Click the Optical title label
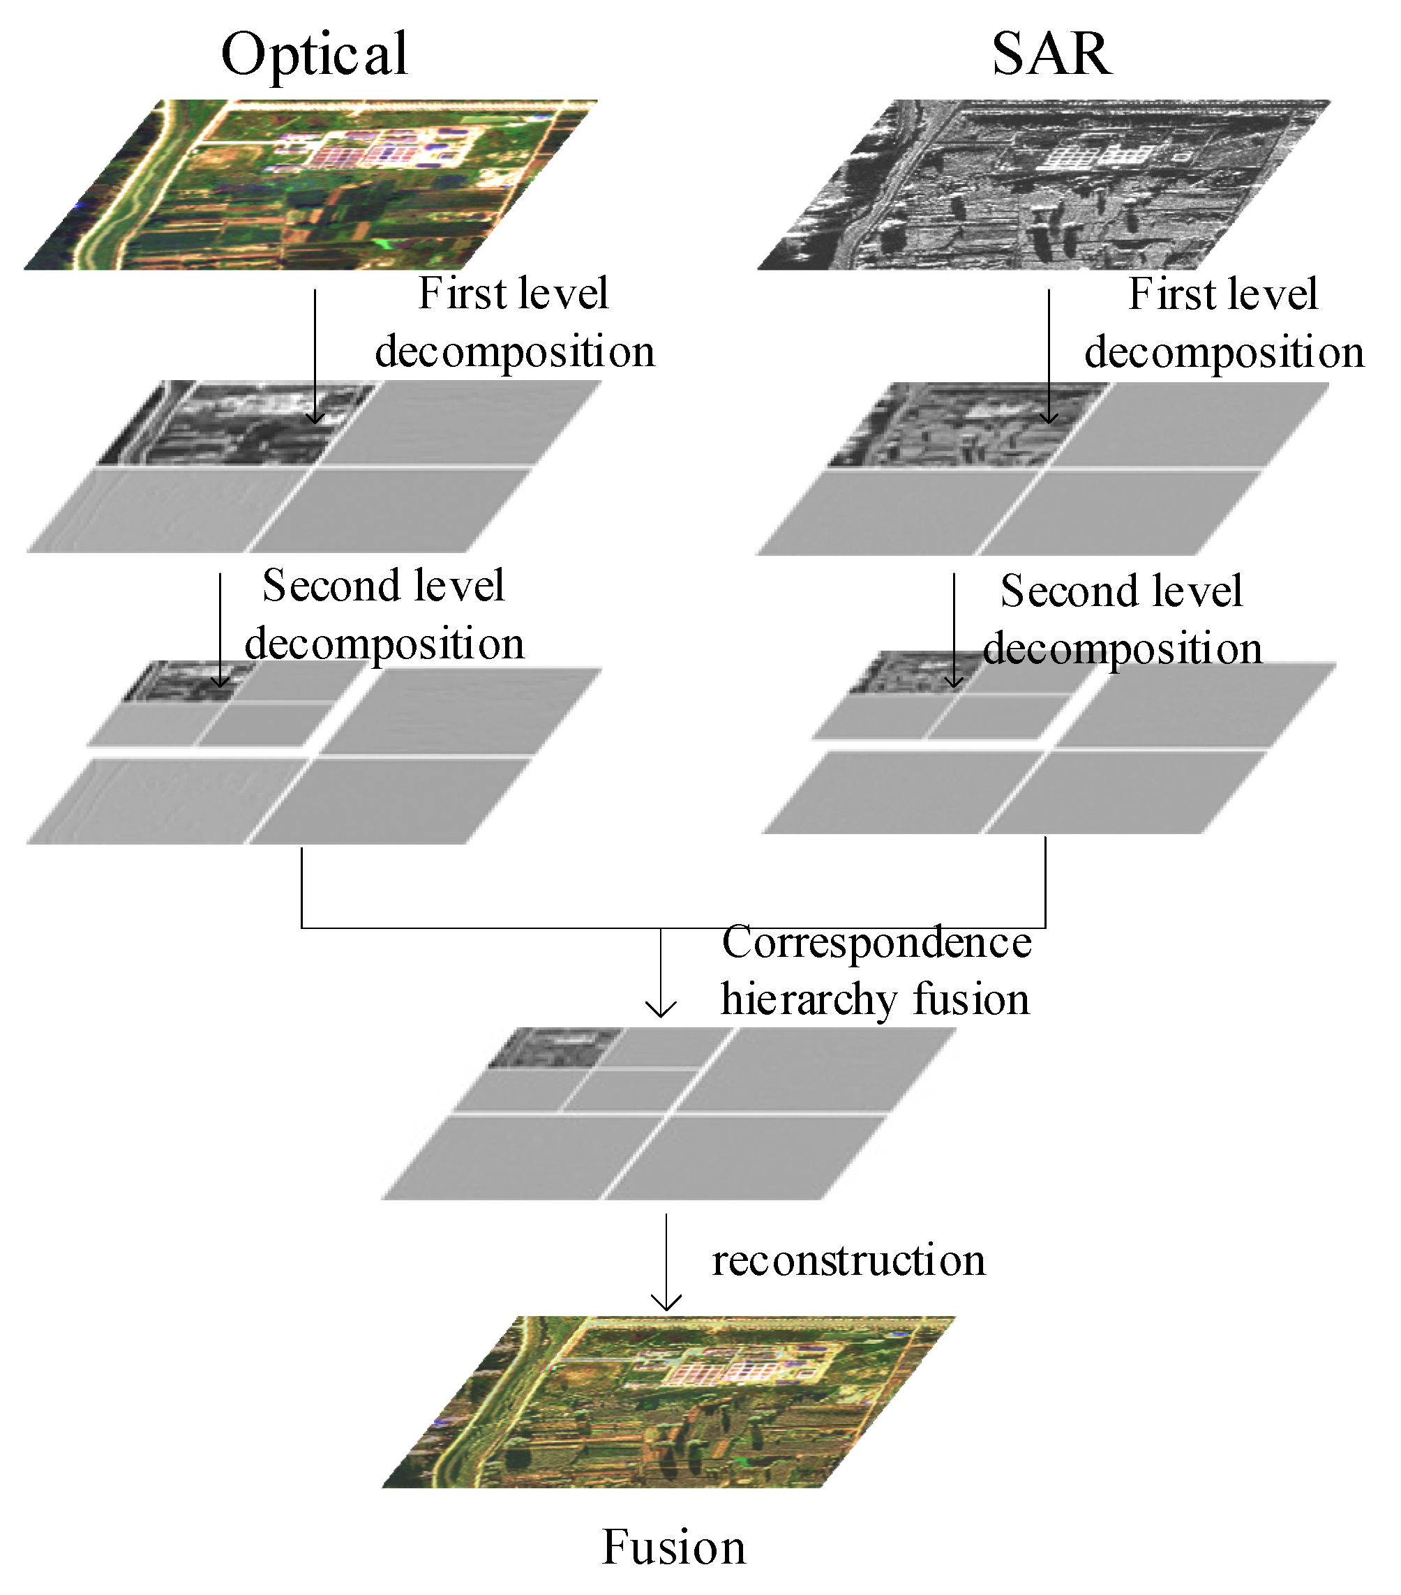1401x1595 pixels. pyautogui.click(x=314, y=54)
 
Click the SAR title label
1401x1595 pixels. pyautogui.click(x=1051, y=54)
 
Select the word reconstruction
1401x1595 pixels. pyautogui.click(x=848, y=1260)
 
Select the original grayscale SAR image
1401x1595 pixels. pyautogui.click(x=1044, y=185)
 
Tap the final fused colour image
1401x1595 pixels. pyautogui.click(x=668, y=1402)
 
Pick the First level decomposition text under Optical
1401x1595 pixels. pyautogui.click(x=514, y=322)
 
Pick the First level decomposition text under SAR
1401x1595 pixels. pyautogui.click(x=1224, y=323)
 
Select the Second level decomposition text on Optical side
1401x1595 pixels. pyautogui.click(x=384, y=614)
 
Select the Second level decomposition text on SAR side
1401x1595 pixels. pyautogui.click(x=1122, y=619)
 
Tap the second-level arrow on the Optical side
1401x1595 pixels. pyautogui.click(x=220, y=629)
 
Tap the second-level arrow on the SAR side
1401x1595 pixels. pyautogui.click(x=954, y=629)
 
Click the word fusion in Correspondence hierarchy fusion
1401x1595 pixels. pyautogui.click(x=971, y=999)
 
